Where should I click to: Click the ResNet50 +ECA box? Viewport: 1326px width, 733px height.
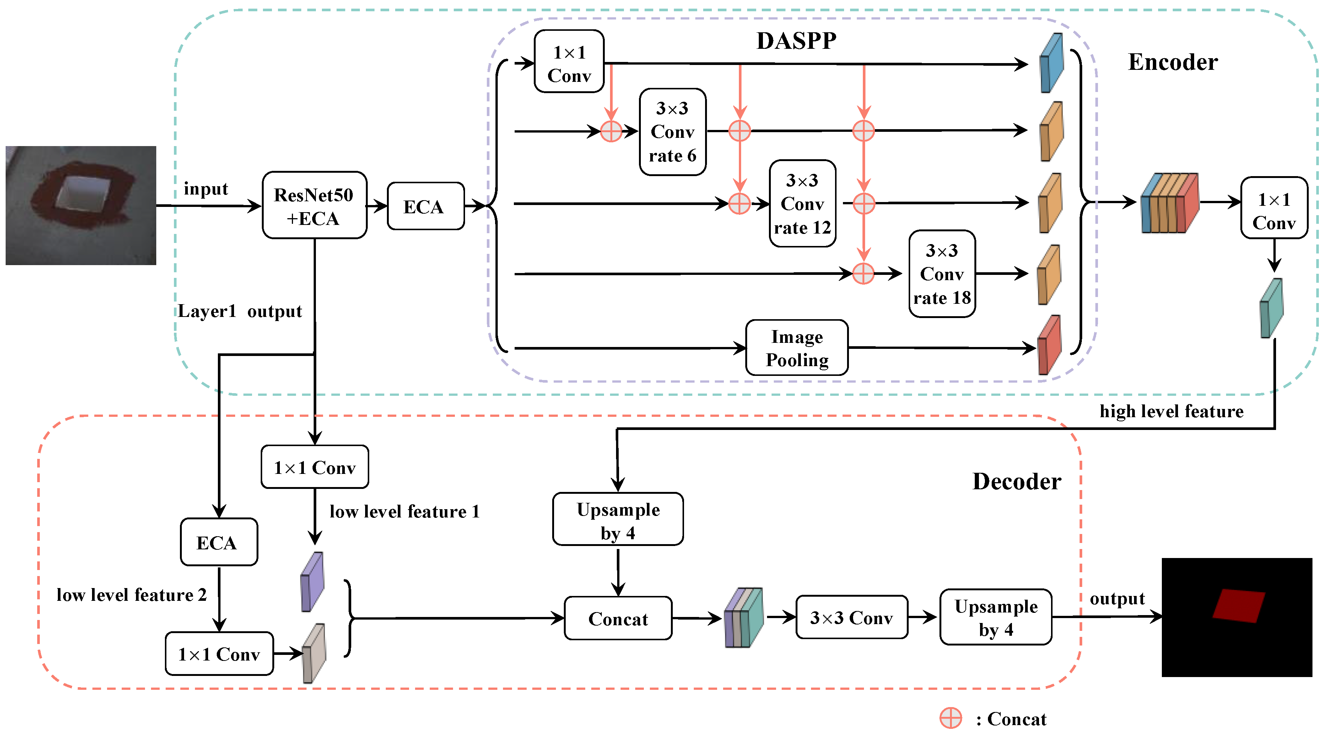pos(314,206)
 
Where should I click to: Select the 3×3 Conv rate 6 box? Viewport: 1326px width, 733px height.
pos(672,132)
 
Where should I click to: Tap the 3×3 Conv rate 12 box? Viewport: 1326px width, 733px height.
pos(802,204)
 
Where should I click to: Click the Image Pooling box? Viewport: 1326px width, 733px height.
pos(796,348)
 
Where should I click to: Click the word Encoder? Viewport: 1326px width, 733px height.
pos(1173,62)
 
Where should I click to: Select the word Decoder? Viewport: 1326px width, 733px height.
pos(1016,482)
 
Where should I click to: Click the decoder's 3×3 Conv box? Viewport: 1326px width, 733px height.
pos(852,618)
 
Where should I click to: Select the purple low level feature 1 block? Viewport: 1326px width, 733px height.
pos(312,582)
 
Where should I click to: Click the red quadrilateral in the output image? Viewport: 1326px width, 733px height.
pos(1238,606)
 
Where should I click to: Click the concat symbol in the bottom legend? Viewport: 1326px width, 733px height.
pos(950,718)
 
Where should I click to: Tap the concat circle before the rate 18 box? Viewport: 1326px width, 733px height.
pos(863,274)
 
